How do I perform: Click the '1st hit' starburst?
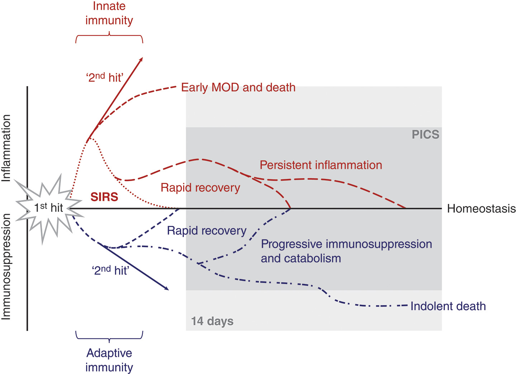[48, 208]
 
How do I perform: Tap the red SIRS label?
[104, 197]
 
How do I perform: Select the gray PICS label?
[425, 134]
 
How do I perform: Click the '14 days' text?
[212, 321]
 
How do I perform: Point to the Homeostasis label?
[481, 209]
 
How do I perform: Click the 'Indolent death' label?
[448, 306]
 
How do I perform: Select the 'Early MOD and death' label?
[238, 87]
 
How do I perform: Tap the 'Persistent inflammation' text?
[321, 165]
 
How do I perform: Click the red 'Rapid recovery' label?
[200, 188]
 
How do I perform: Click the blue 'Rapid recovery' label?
[207, 231]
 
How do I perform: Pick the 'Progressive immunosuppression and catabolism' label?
[346, 251]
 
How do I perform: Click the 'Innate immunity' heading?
[109, 13]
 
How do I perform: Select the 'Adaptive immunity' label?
[109, 360]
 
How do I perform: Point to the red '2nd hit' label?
[105, 77]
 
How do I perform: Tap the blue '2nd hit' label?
[110, 270]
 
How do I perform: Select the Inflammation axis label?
[6, 148]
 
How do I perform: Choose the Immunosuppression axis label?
[6, 266]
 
